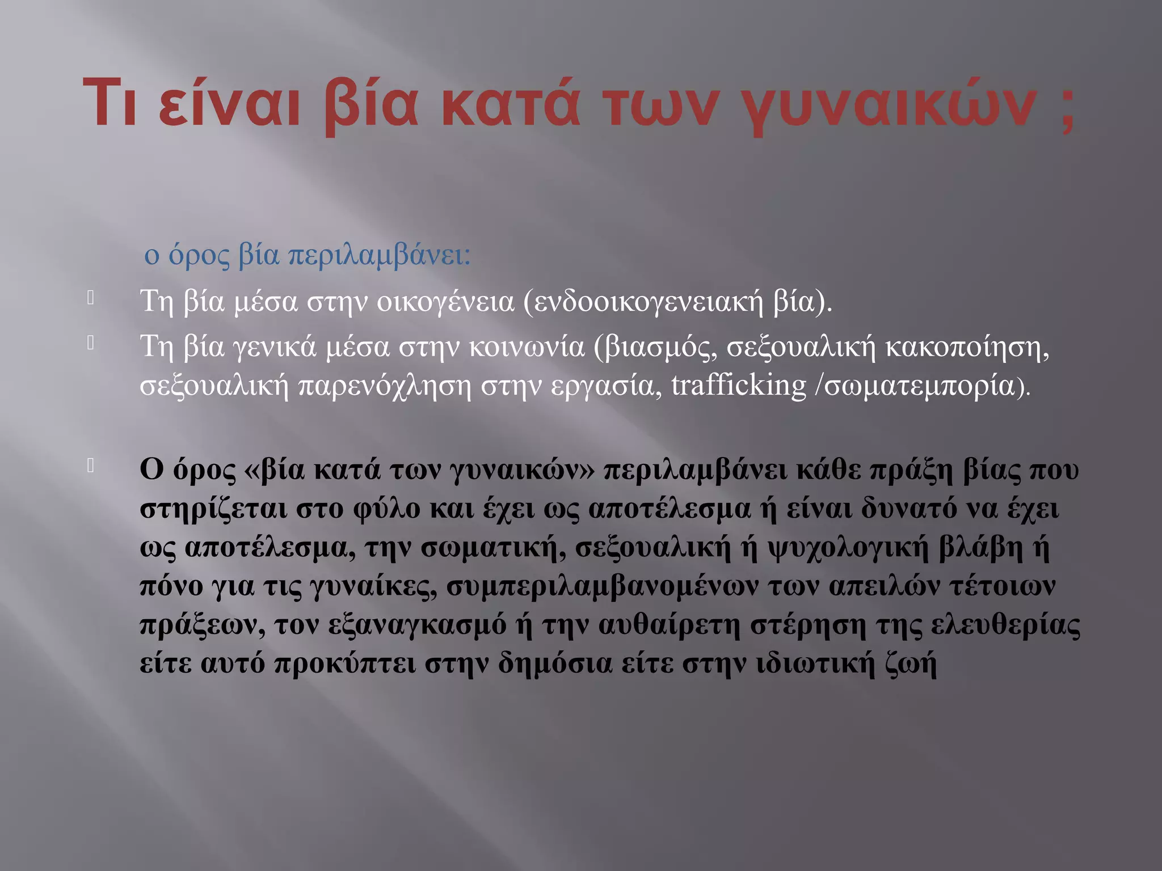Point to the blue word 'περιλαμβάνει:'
(x=380, y=256)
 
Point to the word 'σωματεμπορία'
(x=919, y=386)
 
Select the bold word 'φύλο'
(x=386, y=509)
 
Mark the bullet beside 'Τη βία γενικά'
(x=90, y=343)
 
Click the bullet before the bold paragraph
(x=90, y=466)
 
